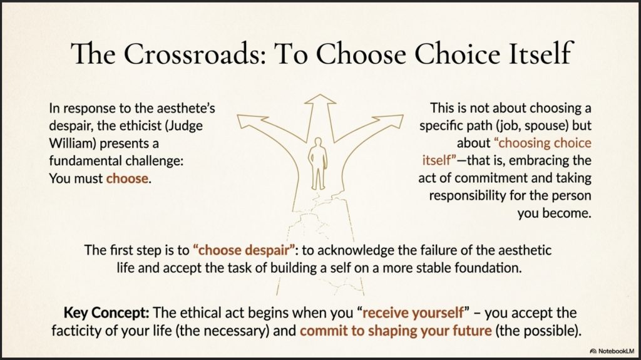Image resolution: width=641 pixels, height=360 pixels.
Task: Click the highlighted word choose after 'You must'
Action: click(x=127, y=179)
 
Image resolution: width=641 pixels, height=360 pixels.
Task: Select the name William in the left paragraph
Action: click(x=73, y=143)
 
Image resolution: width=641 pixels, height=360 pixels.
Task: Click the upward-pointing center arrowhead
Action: click(x=320, y=100)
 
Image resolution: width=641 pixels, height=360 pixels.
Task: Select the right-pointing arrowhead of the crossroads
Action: click(x=390, y=121)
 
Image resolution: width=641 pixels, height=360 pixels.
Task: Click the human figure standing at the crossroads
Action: click(x=318, y=163)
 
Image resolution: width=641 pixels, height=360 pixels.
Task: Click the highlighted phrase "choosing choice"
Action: click(x=543, y=143)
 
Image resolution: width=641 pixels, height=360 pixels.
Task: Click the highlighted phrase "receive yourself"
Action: click(x=413, y=313)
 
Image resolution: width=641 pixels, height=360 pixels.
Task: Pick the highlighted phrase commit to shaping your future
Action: click(x=396, y=331)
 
